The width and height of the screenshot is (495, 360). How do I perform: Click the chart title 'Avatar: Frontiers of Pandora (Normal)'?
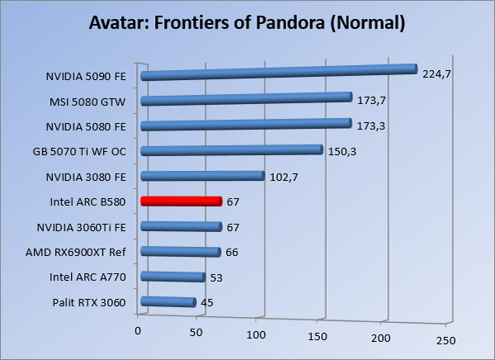coord(247,21)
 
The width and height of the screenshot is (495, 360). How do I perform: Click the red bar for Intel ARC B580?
coord(181,201)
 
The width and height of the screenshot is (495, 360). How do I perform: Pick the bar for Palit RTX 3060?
coord(169,302)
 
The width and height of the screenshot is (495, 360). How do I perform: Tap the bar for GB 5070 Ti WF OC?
coord(231,150)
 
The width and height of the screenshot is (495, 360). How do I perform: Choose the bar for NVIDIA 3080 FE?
coord(202,176)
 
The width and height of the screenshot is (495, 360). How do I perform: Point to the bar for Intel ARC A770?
coord(173,277)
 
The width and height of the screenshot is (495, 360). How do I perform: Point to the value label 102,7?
coord(282,176)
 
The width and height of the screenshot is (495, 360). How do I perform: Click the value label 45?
coord(207,303)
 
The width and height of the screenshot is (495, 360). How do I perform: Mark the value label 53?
coord(217,277)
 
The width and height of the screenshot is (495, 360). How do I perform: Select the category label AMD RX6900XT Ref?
coord(81,252)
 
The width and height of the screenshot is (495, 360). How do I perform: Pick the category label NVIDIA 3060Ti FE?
coord(82,227)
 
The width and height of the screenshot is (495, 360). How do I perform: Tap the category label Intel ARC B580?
coord(88,201)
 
